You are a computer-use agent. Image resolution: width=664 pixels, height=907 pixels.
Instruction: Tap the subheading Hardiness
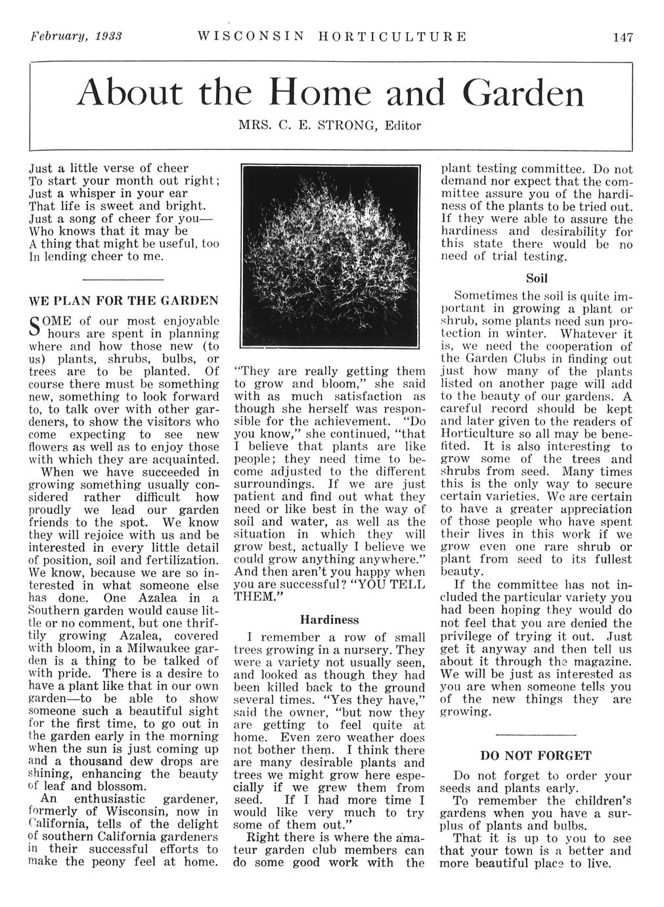tap(330, 619)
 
